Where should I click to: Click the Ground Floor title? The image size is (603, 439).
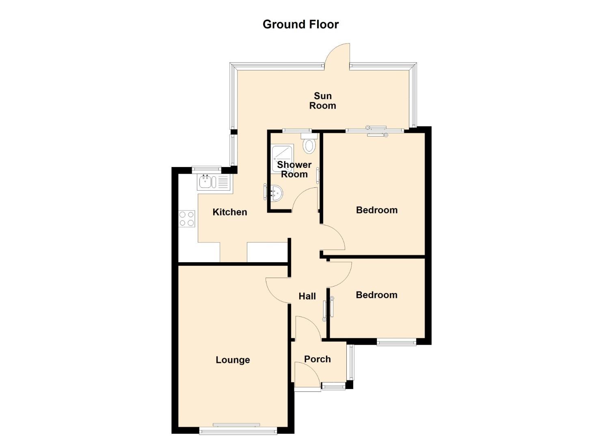(x=300, y=24)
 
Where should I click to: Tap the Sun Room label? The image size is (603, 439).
(x=322, y=101)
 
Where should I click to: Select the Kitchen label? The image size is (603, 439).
(x=229, y=212)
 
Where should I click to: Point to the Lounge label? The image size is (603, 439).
(x=233, y=360)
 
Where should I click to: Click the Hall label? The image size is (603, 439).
(x=307, y=296)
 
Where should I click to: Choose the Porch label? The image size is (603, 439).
(x=318, y=359)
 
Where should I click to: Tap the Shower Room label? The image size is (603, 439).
(x=294, y=169)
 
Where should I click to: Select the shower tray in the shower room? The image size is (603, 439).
(x=282, y=158)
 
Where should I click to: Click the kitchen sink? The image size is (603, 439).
(x=215, y=182)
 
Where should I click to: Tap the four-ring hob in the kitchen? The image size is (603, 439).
(x=186, y=219)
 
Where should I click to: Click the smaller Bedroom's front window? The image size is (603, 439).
(x=396, y=342)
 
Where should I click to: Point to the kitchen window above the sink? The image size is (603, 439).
(x=206, y=169)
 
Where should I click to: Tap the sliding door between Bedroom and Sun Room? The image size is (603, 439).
(x=376, y=131)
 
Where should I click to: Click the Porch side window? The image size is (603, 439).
(x=351, y=362)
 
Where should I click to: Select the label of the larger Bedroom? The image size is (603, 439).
(x=376, y=210)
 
